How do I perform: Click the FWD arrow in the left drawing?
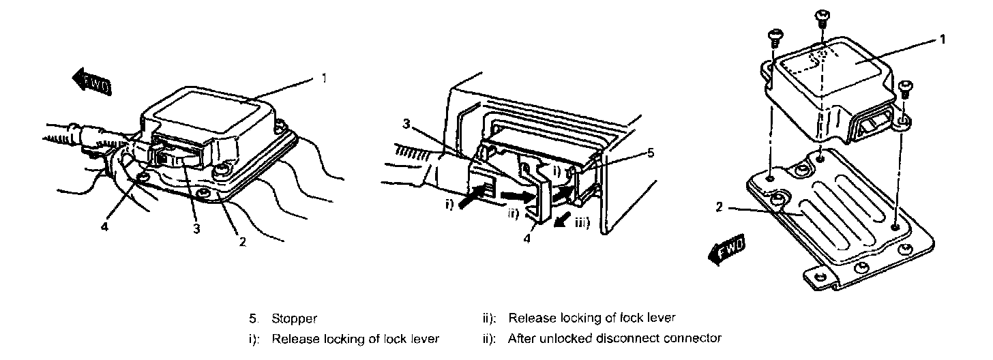point(91,81)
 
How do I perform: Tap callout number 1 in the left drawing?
point(324,78)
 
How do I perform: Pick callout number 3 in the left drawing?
point(196,229)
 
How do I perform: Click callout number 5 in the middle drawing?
point(651,153)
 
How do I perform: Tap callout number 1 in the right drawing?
point(942,40)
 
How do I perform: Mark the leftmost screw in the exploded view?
point(775,35)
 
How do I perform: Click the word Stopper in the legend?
point(295,318)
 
